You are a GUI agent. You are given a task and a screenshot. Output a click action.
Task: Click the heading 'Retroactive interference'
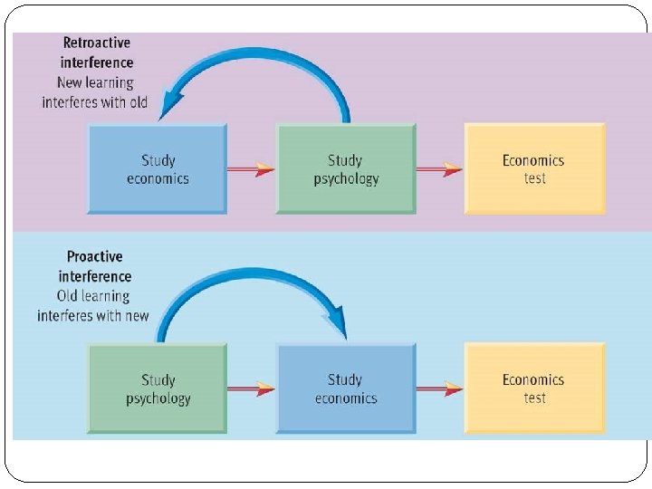coord(97,53)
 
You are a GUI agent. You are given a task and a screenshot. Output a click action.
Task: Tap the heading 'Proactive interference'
coord(95,267)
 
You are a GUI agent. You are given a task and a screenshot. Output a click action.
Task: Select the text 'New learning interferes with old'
coord(94,92)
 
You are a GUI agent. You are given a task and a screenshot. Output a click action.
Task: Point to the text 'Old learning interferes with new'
coord(93,306)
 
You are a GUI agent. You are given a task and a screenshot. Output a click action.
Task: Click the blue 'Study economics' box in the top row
coord(158,169)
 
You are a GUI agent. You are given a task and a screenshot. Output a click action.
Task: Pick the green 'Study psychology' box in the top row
coord(346,169)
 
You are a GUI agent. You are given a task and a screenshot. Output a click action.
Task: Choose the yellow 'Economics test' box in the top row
coord(533,169)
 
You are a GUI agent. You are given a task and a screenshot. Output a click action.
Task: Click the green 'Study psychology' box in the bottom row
coord(158,388)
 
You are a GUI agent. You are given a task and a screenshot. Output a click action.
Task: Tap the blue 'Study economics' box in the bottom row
coord(345,388)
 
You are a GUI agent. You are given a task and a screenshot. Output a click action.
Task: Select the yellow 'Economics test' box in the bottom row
coord(533,388)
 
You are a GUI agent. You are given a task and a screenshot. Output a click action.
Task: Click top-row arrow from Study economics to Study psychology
coord(251,168)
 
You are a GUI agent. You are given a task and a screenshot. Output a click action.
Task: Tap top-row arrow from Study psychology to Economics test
coord(439,168)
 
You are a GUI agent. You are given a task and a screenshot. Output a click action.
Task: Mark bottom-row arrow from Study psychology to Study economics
coord(251,388)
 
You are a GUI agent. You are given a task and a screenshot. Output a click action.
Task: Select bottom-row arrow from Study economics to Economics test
coord(439,388)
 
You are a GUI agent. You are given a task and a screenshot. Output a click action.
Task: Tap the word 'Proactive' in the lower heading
coord(95,257)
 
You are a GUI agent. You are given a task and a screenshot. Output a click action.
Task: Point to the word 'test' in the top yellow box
coord(534,178)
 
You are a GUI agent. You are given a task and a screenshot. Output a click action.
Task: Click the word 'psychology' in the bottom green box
coord(158,398)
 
